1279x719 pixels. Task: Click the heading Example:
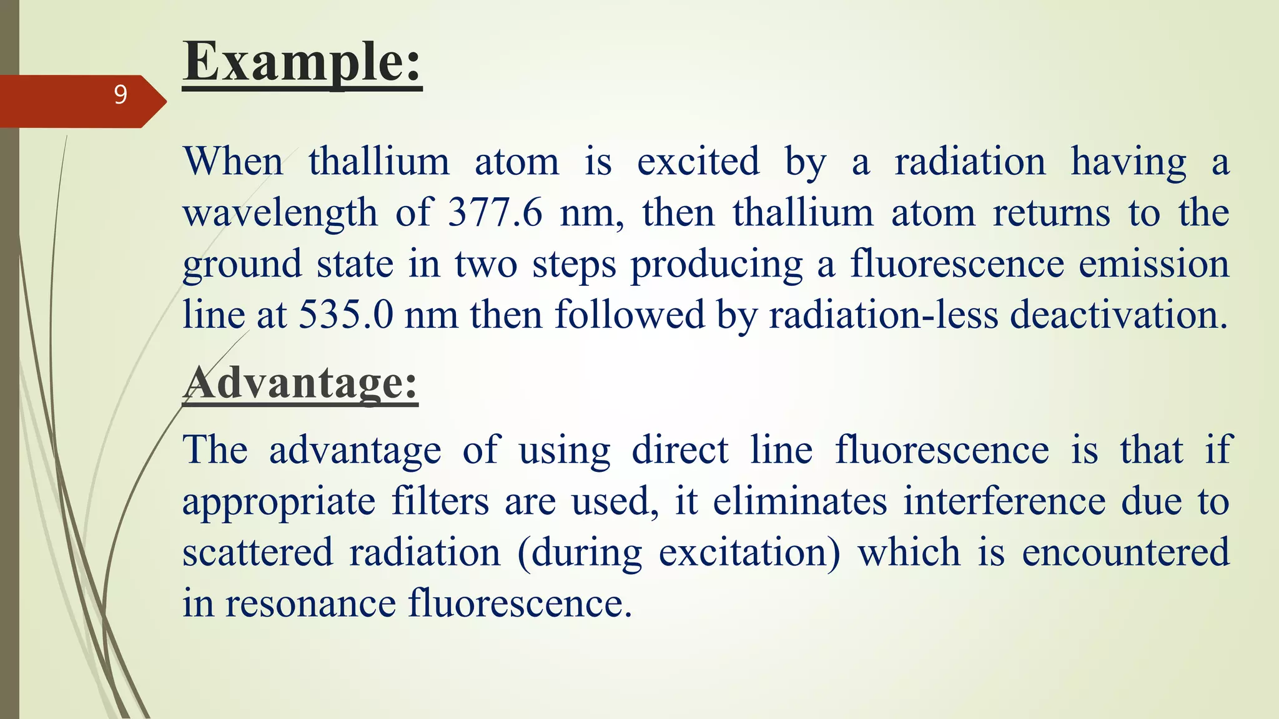[302, 62]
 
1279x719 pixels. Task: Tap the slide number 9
[121, 95]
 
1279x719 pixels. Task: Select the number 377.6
[495, 213]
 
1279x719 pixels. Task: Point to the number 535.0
[345, 315]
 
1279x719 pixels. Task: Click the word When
[234, 162]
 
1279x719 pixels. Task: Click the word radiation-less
[883, 315]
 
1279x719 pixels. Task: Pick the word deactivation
[1119, 315]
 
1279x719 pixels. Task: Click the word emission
[1154, 264]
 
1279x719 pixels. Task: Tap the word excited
[698, 162]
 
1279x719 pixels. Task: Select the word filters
[440, 502]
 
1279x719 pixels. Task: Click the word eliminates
[800, 502]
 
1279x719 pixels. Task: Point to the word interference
[1005, 502]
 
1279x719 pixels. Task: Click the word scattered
[257, 553]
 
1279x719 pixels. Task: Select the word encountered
[1125, 553]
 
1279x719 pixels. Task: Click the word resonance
[310, 604]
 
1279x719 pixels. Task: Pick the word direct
[679, 451]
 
